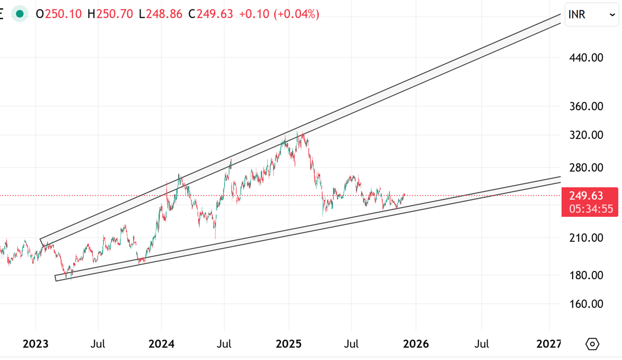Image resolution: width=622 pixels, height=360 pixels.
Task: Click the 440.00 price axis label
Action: (586, 58)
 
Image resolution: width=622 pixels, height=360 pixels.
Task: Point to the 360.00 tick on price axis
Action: (586, 106)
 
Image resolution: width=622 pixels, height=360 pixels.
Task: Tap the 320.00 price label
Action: (586, 135)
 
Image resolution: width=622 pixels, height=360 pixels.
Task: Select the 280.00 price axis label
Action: (586, 168)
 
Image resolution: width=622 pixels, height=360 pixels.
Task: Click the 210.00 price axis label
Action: (586, 238)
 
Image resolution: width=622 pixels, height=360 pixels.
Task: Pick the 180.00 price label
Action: (586, 275)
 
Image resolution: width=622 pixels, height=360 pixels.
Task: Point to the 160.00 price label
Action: (586, 303)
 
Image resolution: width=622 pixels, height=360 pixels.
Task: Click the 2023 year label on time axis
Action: (36, 344)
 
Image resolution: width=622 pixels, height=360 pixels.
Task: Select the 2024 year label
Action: (161, 344)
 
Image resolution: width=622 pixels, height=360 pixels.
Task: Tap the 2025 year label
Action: (289, 344)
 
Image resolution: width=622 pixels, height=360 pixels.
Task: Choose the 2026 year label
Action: (416, 344)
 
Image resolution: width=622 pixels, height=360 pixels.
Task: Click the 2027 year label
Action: (548, 344)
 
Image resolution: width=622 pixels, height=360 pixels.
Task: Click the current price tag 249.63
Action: (586, 196)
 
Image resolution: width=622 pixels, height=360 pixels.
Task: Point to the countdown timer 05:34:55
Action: (586, 209)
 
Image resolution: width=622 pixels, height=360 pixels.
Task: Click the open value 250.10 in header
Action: (63, 14)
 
